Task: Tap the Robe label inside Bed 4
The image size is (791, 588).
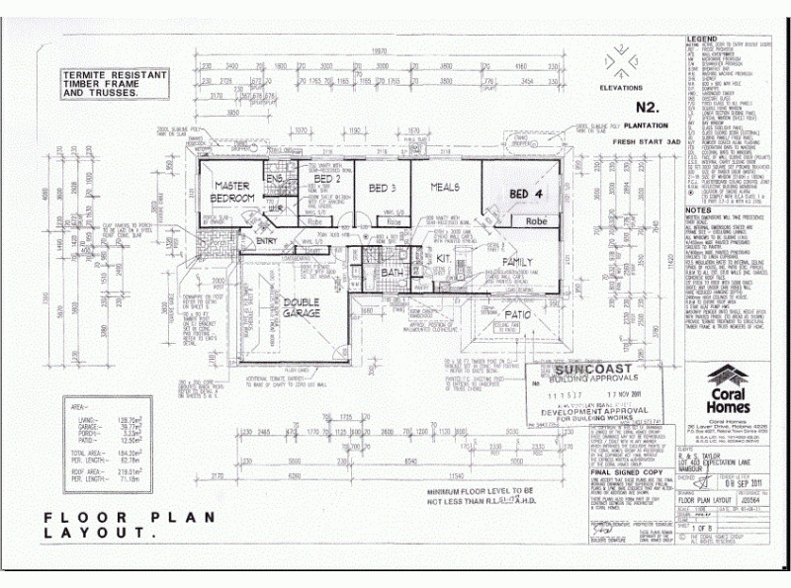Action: point(537,221)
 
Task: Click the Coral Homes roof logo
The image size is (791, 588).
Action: point(731,379)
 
